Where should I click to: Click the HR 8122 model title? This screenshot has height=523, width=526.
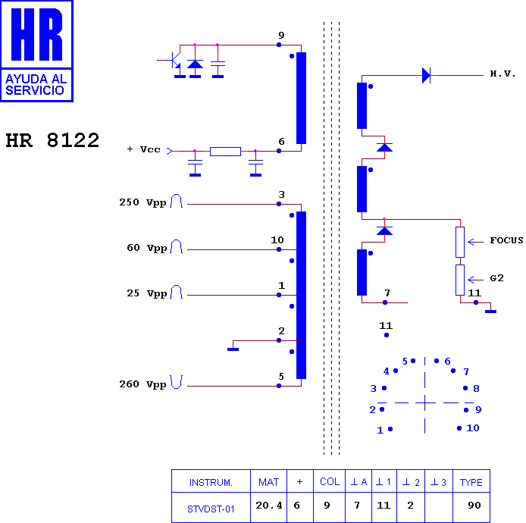[52, 140]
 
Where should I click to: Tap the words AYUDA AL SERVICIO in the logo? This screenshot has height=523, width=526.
[36, 85]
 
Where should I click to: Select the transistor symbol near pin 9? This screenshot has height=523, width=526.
[172, 60]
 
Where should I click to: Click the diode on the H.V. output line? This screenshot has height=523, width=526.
[426, 75]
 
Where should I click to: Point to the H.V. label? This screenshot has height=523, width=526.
[503, 74]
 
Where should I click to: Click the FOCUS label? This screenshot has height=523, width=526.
[506, 240]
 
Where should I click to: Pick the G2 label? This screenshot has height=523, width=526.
[496, 278]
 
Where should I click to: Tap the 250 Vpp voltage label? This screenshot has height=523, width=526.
[142, 202]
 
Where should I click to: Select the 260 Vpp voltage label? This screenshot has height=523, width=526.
[142, 384]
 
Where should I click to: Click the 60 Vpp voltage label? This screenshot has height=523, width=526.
[146, 249]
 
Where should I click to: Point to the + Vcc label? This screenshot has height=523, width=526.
[143, 149]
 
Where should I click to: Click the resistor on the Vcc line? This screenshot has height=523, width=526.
[225, 152]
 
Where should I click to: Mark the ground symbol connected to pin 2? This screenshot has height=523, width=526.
[233, 349]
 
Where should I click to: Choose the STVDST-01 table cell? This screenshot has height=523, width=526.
[211, 509]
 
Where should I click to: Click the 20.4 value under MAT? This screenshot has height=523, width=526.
[269, 506]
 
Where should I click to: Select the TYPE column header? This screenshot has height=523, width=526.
[471, 482]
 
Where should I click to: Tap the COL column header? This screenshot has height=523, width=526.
[330, 481]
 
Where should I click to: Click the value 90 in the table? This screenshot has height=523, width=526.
[474, 506]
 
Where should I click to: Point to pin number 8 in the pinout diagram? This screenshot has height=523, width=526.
[476, 389]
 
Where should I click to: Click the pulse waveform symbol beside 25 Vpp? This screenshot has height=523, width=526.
[176, 292]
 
